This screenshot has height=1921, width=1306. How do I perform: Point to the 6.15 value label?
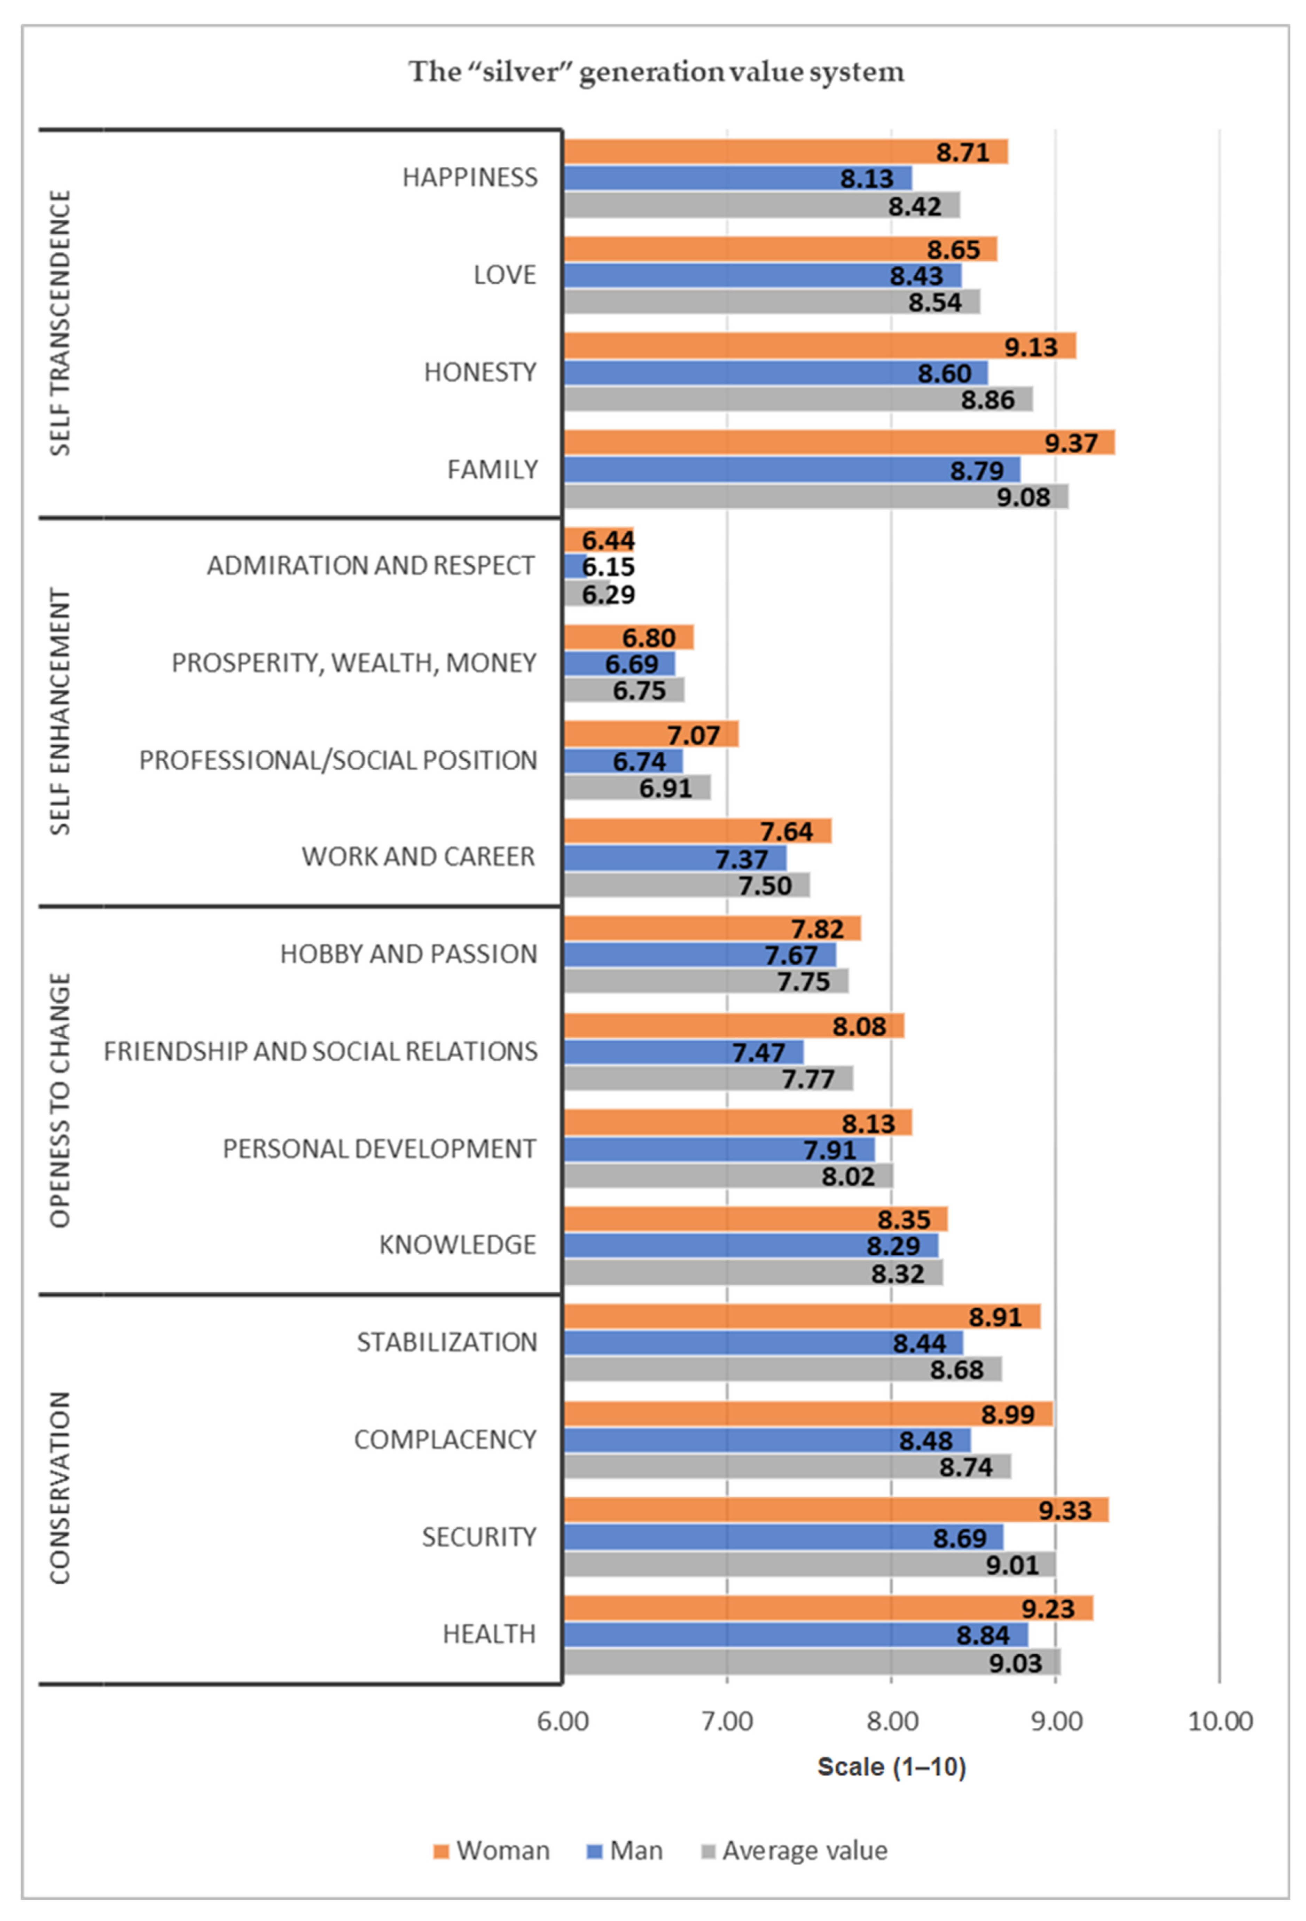tap(608, 567)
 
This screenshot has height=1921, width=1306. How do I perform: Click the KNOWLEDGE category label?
tap(457, 1245)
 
